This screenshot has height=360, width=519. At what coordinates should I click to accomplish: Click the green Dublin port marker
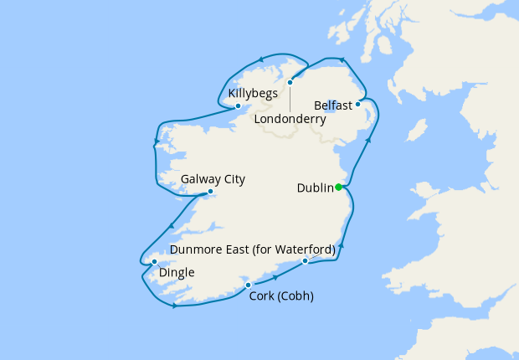click(339, 188)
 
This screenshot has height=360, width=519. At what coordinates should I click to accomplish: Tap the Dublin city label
click(316, 188)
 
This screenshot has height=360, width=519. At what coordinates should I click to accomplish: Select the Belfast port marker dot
click(357, 104)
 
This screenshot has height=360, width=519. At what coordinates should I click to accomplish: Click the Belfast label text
click(333, 105)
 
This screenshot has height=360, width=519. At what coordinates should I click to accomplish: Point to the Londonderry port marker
click(290, 82)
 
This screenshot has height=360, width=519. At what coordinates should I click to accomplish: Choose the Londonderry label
click(290, 120)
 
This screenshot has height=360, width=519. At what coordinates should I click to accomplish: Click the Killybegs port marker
click(238, 105)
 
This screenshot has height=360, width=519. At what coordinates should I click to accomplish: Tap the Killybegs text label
click(253, 92)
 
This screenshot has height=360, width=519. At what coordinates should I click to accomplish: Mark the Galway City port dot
click(210, 192)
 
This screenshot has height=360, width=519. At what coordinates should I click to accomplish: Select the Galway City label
click(213, 179)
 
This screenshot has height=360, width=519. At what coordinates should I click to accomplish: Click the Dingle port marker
click(154, 261)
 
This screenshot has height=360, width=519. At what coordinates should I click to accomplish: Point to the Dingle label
click(177, 272)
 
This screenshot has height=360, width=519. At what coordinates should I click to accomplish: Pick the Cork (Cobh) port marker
click(248, 285)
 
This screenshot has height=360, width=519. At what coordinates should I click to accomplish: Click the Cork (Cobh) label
click(281, 296)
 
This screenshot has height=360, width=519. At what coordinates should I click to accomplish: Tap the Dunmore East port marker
click(305, 261)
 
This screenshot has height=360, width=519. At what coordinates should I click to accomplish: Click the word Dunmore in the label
click(195, 249)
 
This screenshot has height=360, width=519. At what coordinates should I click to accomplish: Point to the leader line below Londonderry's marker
click(290, 98)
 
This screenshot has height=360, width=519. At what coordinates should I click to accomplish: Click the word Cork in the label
click(263, 296)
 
